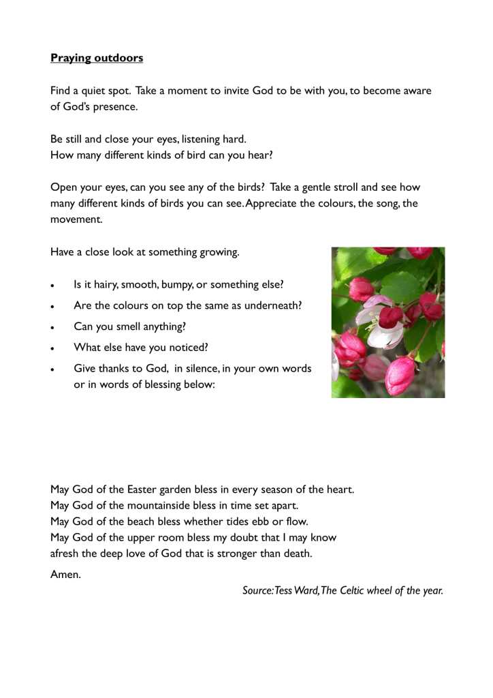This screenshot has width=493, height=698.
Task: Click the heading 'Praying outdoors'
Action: pos(97,58)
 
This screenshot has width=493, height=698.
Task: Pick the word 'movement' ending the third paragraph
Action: pos(75,219)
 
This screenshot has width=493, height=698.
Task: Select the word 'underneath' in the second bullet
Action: pos(275,305)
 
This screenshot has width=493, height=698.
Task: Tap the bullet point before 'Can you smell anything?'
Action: pos(53,327)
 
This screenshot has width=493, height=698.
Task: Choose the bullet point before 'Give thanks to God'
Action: pos(53,369)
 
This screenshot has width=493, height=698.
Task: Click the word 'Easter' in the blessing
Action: pos(144,489)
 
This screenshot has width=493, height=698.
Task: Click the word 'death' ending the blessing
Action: pos(298,553)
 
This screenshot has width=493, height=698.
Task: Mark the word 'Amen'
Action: pos(65,574)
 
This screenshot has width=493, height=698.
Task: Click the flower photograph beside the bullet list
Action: pos(387,322)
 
